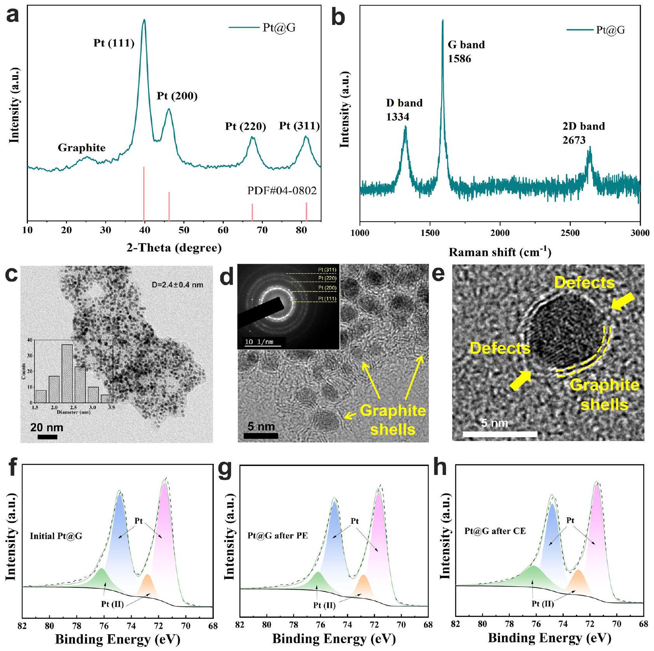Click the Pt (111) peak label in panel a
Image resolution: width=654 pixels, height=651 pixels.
tap(114, 43)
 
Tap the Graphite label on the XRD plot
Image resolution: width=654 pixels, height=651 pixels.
tap(81, 148)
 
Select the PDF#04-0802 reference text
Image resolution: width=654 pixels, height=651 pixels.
tap(282, 191)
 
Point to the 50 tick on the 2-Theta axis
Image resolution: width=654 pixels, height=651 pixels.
tap(184, 230)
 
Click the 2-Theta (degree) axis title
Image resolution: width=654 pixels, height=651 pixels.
tap(174, 248)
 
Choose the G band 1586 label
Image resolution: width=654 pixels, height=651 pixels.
tap(466, 51)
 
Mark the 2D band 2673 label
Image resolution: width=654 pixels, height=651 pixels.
tap(583, 133)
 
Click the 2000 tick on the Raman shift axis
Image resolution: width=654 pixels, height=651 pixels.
tap(500, 233)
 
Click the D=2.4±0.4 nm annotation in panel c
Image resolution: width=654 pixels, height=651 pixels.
tap(177, 285)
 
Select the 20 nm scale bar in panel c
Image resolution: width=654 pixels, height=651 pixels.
tap(47, 437)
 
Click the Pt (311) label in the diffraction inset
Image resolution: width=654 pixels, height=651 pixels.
tap(327, 270)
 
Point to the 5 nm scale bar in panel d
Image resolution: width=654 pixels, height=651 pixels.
tap(261, 436)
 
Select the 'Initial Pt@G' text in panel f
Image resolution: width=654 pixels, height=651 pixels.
tap(56, 537)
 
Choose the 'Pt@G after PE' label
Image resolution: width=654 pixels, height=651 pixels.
tap(277, 536)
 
